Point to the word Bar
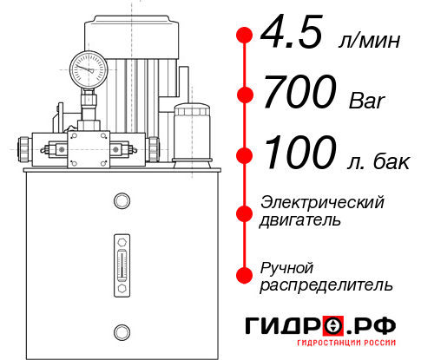[365, 101]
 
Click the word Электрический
[322, 202]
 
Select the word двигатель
[300, 220]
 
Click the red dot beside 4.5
[245, 36]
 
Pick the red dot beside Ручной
[245, 275]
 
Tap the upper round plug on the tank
[122, 201]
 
